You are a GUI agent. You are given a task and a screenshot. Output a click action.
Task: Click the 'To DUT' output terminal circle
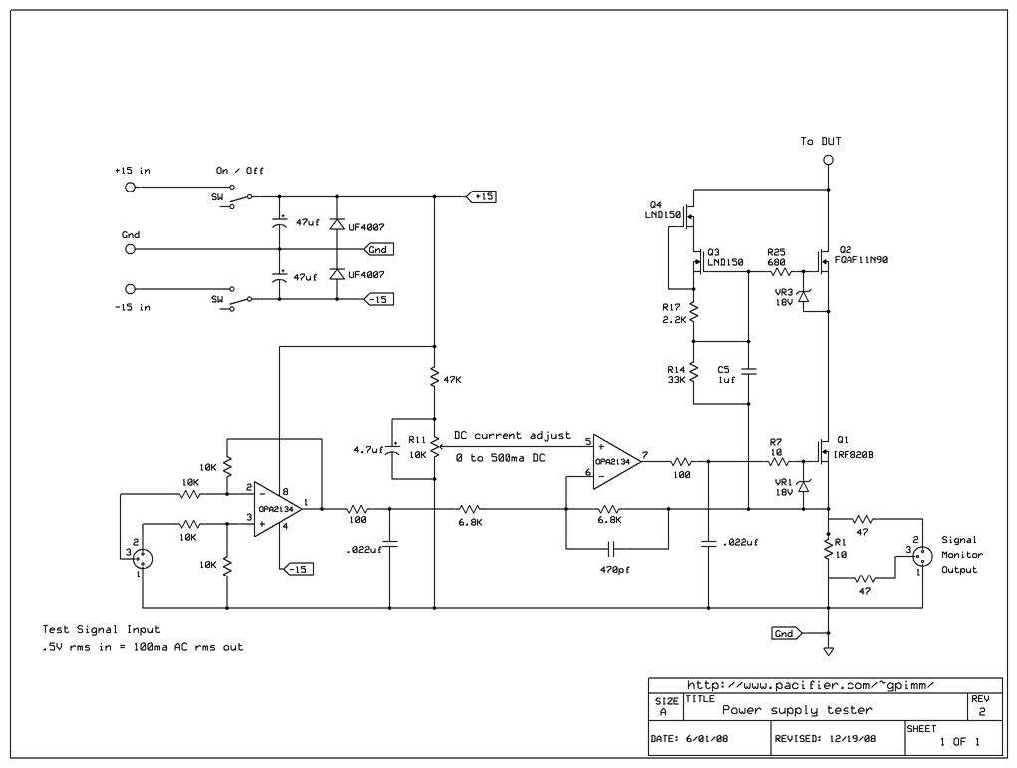(x=828, y=160)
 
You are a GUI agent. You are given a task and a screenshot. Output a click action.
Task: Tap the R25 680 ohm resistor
(x=778, y=271)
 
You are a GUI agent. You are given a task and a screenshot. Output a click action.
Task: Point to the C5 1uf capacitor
(x=749, y=372)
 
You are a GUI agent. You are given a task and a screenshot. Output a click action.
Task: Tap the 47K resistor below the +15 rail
(x=435, y=379)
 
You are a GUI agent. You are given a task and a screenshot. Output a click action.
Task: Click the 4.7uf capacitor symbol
(x=391, y=450)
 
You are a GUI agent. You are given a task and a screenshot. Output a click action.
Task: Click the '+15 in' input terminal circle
(x=128, y=187)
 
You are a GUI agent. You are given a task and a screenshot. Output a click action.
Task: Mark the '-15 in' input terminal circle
(x=128, y=289)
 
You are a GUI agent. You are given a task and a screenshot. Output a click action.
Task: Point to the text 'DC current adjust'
(x=511, y=436)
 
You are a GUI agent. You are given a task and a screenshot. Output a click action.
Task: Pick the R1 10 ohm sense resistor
(x=828, y=549)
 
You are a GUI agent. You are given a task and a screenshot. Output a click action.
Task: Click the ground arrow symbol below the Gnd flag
(x=828, y=653)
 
